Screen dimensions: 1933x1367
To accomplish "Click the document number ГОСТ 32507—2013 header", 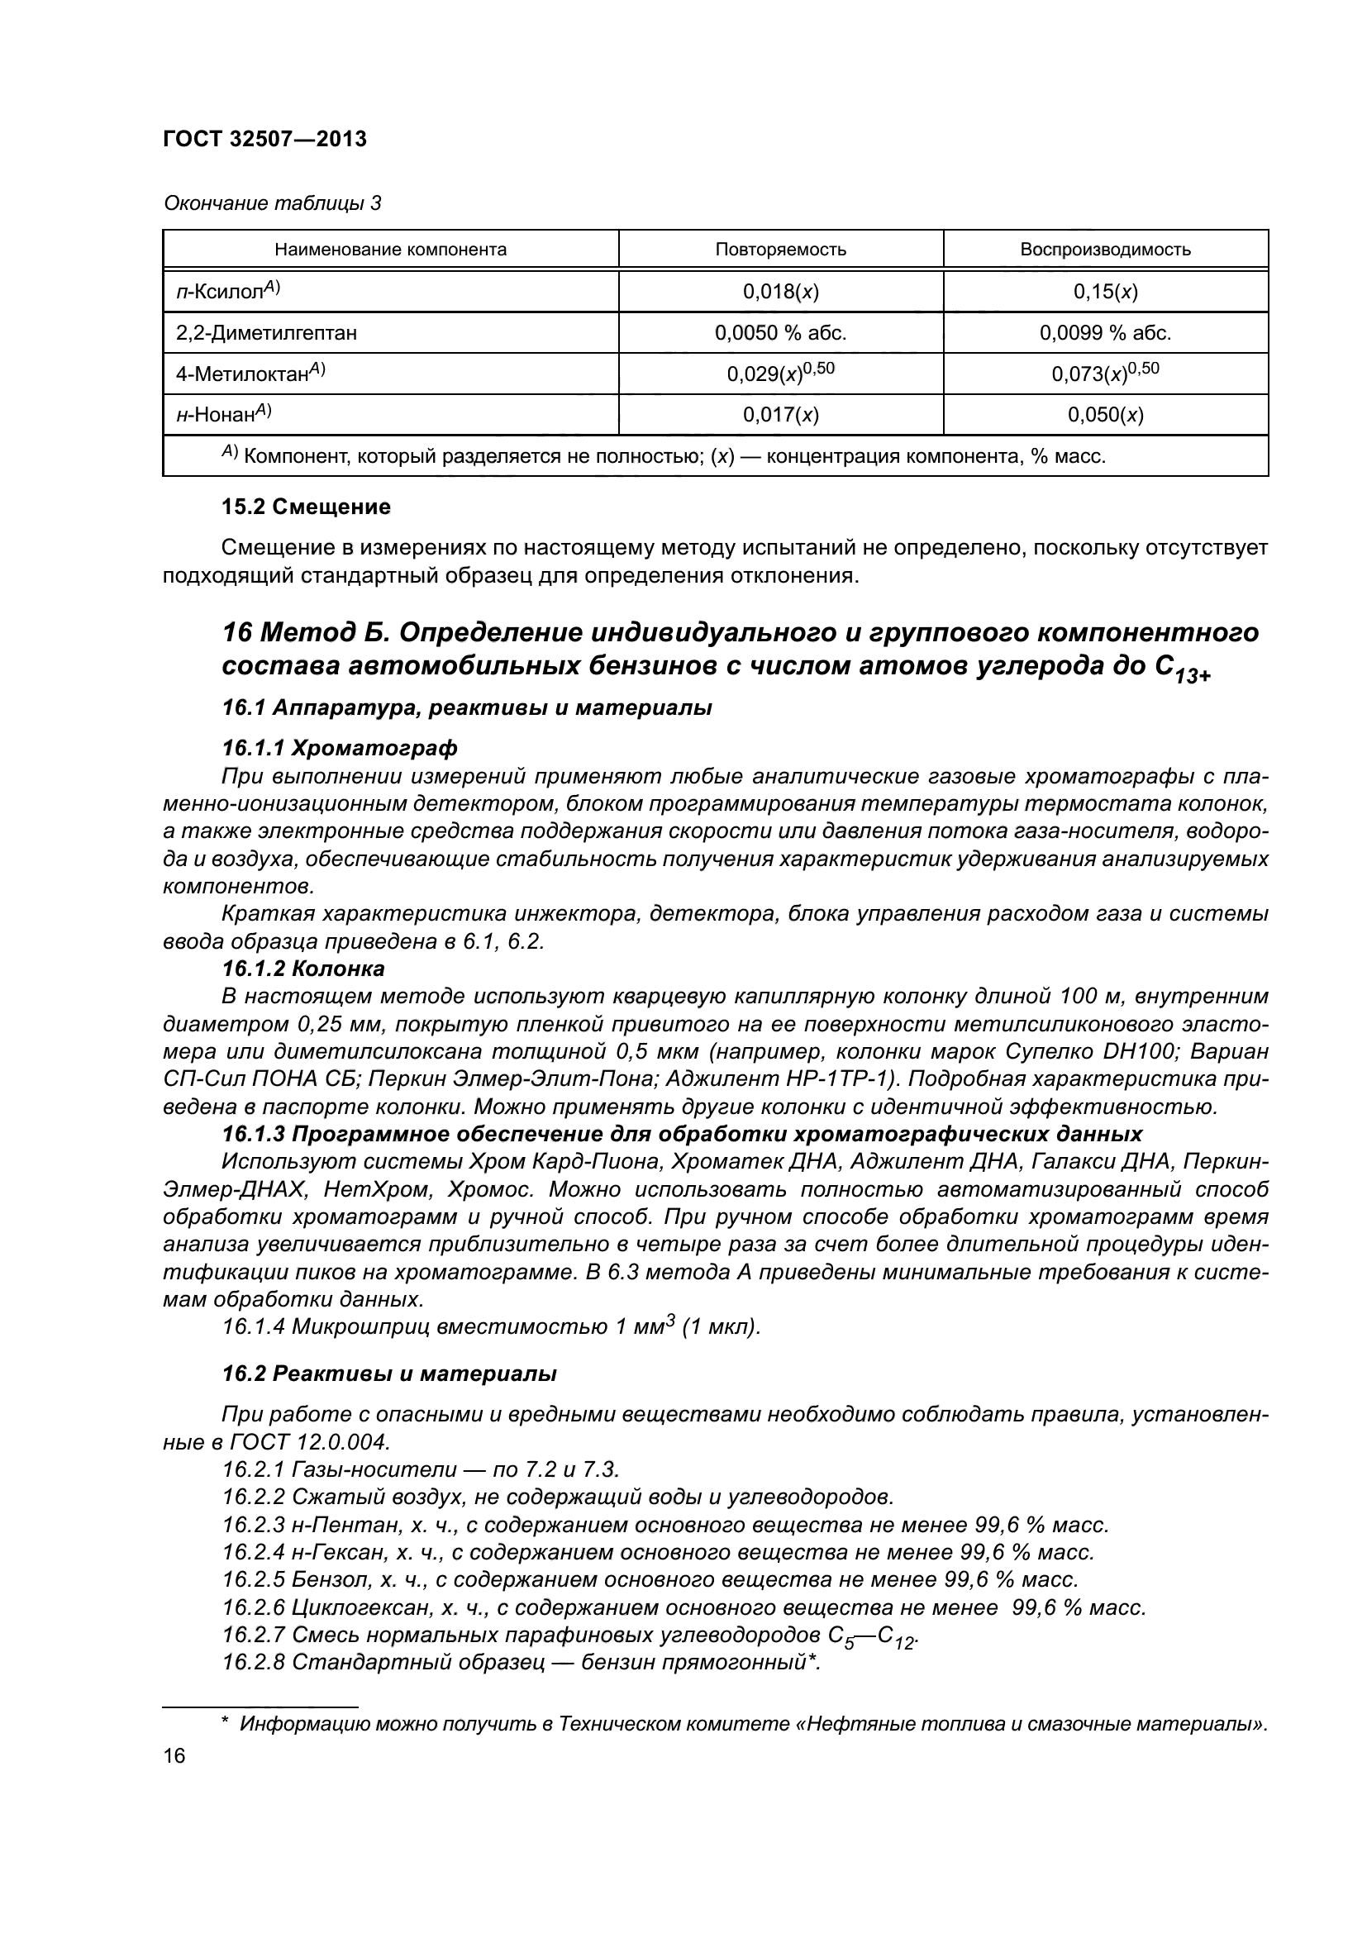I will click(264, 139).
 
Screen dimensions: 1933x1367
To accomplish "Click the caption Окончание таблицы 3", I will click(272, 203).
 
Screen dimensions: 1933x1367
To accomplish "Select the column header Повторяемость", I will click(780, 250).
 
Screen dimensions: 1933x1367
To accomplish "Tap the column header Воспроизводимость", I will click(1105, 250).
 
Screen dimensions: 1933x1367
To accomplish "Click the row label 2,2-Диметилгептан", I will click(266, 332).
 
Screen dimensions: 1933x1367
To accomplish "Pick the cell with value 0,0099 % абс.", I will click(1105, 332).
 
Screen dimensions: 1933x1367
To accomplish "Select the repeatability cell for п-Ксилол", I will click(780, 291).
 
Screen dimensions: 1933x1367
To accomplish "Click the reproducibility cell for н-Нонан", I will click(1105, 414).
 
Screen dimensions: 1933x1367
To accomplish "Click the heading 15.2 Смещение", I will click(306, 507).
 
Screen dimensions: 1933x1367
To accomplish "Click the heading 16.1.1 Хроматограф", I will click(339, 748).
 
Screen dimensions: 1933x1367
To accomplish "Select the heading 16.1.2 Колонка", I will click(303, 969).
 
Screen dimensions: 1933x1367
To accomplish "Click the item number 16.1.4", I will click(254, 1328).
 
